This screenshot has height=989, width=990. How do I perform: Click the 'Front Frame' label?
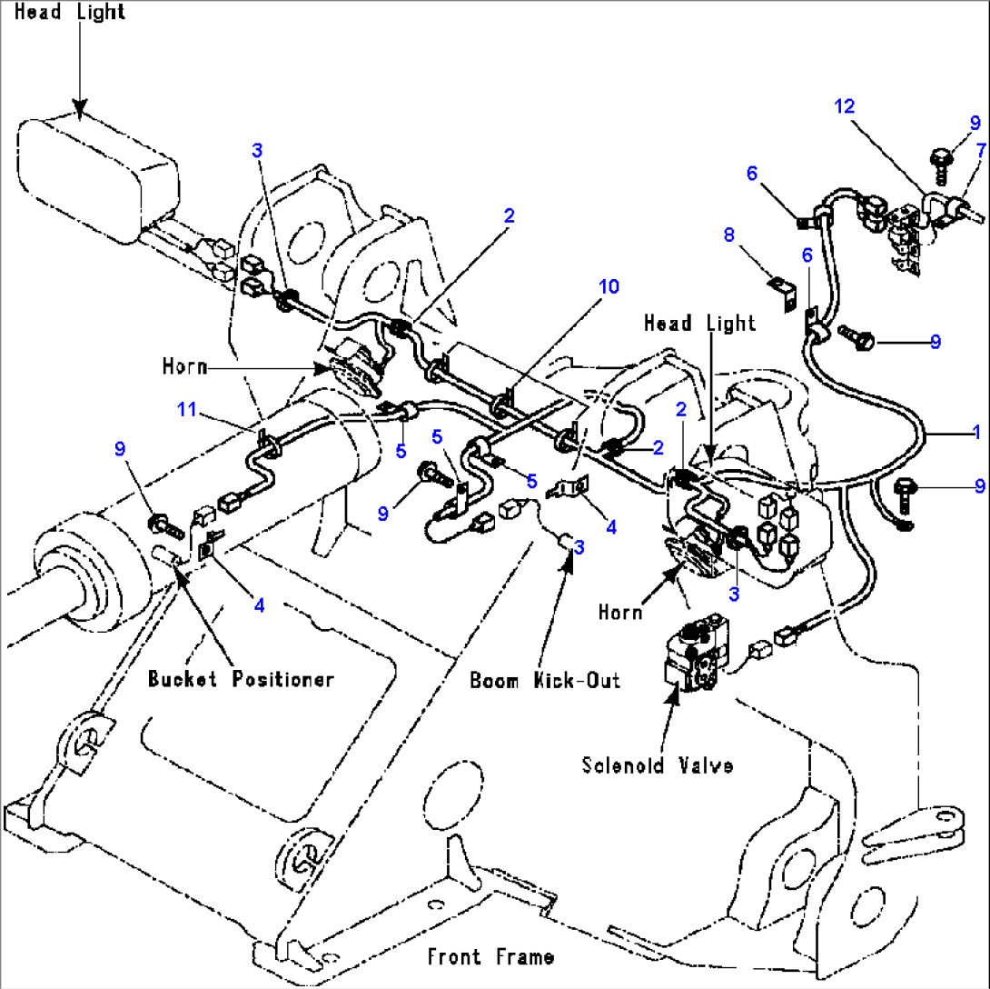[490, 956]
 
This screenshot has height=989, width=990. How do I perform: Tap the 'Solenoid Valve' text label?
[658, 764]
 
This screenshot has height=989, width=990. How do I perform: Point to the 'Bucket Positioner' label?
[242, 679]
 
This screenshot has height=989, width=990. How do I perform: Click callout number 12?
[845, 106]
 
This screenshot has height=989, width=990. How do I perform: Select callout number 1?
[976, 432]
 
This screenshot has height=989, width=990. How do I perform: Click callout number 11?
[186, 410]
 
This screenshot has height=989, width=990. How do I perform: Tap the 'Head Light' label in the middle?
[699, 323]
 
